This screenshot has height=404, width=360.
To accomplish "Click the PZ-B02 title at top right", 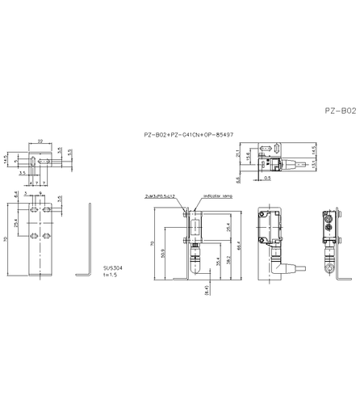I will coord(339,110).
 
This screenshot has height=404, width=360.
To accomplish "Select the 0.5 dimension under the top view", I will coord(267,177).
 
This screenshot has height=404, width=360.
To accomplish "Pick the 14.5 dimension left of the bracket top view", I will coord(6,159).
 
